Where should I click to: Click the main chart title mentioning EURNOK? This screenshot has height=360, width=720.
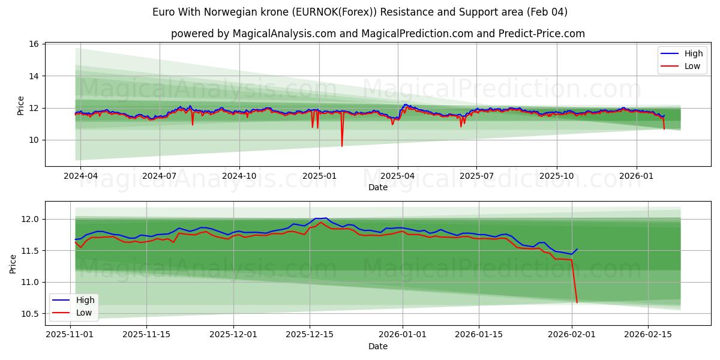(360, 12)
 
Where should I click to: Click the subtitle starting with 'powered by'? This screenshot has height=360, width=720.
(378, 34)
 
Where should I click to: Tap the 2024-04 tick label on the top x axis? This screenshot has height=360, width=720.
(80, 176)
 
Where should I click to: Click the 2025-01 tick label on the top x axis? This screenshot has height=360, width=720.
(319, 176)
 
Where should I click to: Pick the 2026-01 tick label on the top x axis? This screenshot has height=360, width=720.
(636, 176)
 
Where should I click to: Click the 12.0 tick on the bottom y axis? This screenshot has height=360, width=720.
(31, 219)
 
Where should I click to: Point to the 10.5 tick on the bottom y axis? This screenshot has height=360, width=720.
(31, 314)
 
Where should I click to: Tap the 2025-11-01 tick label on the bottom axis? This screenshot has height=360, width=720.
(70, 335)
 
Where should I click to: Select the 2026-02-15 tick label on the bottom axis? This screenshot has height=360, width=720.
(648, 335)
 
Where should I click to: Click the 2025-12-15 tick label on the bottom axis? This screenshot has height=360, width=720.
(310, 335)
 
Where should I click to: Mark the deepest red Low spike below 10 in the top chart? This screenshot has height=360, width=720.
(342, 146)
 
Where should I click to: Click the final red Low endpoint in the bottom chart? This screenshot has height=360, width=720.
(577, 302)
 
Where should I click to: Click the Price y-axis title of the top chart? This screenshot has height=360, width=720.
(21, 106)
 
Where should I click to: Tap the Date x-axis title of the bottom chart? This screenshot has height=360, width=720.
(378, 346)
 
